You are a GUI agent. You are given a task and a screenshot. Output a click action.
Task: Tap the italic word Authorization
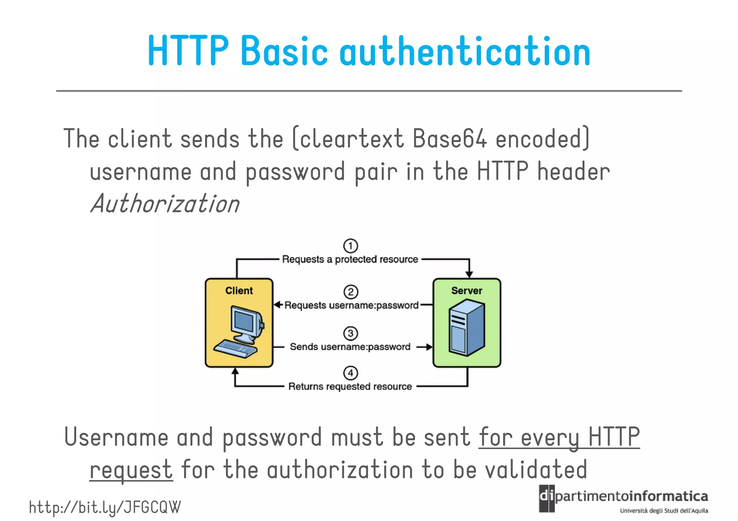pyautogui.click(x=165, y=204)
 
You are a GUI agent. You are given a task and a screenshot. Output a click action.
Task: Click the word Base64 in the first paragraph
pyautogui.click(x=450, y=139)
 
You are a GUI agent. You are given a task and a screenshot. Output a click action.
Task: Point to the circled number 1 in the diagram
pyautogui.click(x=350, y=246)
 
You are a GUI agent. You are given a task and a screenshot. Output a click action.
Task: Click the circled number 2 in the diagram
pyautogui.click(x=351, y=292)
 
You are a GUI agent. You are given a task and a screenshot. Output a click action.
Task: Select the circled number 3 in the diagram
pyautogui.click(x=350, y=333)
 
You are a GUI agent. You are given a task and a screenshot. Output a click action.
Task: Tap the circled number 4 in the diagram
pyautogui.click(x=351, y=373)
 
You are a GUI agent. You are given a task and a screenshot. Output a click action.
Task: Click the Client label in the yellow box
pyautogui.click(x=239, y=291)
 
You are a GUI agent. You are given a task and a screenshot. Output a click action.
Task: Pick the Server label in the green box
pyautogui.click(x=467, y=291)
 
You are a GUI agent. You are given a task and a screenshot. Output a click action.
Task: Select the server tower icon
pyautogui.click(x=467, y=328)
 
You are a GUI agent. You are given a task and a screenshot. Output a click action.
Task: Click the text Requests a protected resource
pyautogui.click(x=350, y=259)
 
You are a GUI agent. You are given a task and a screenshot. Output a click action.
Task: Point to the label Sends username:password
pyautogui.click(x=350, y=347)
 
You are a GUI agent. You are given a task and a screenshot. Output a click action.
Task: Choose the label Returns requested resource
pyautogui.click(x=350, y=386)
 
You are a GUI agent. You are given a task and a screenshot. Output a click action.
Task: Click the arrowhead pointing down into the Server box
pyautogui.click(x=469, y=274)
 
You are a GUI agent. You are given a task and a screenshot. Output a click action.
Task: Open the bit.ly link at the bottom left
pyautogui.click(x=105, y=507)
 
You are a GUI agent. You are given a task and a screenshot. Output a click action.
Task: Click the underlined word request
pyautogui.click(x=131, y=470)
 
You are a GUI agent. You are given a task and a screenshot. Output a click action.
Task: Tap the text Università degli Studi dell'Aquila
pyautogui.click(x=664, y=511)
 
